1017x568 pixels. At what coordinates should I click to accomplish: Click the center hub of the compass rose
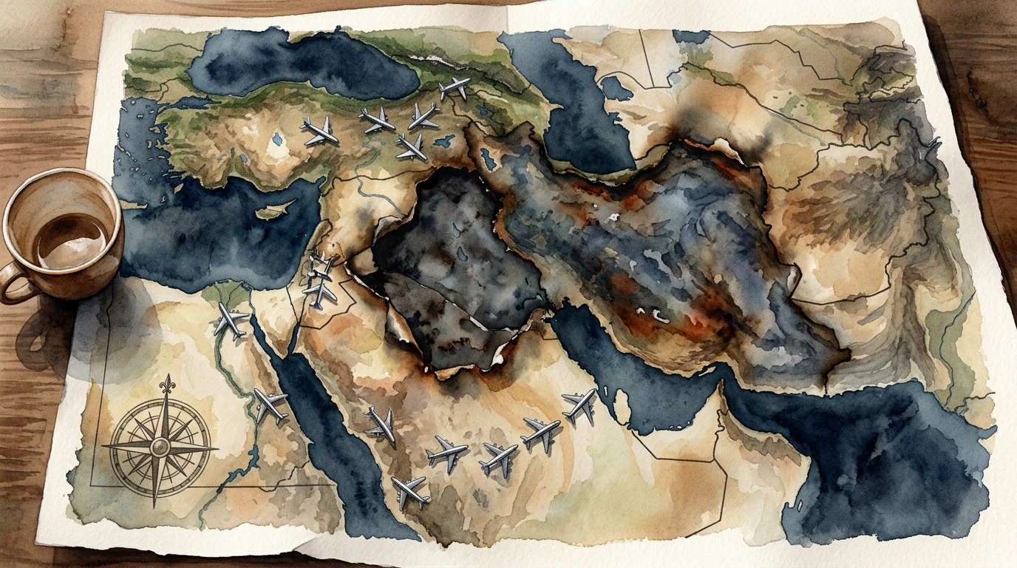click(x=159, y=447)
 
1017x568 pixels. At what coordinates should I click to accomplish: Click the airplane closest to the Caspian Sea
click(x=454, y=88)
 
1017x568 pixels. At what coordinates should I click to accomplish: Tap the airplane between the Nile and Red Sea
click(x=270, y=405)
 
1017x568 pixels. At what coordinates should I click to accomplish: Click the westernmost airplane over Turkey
click(x=320, y=131)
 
